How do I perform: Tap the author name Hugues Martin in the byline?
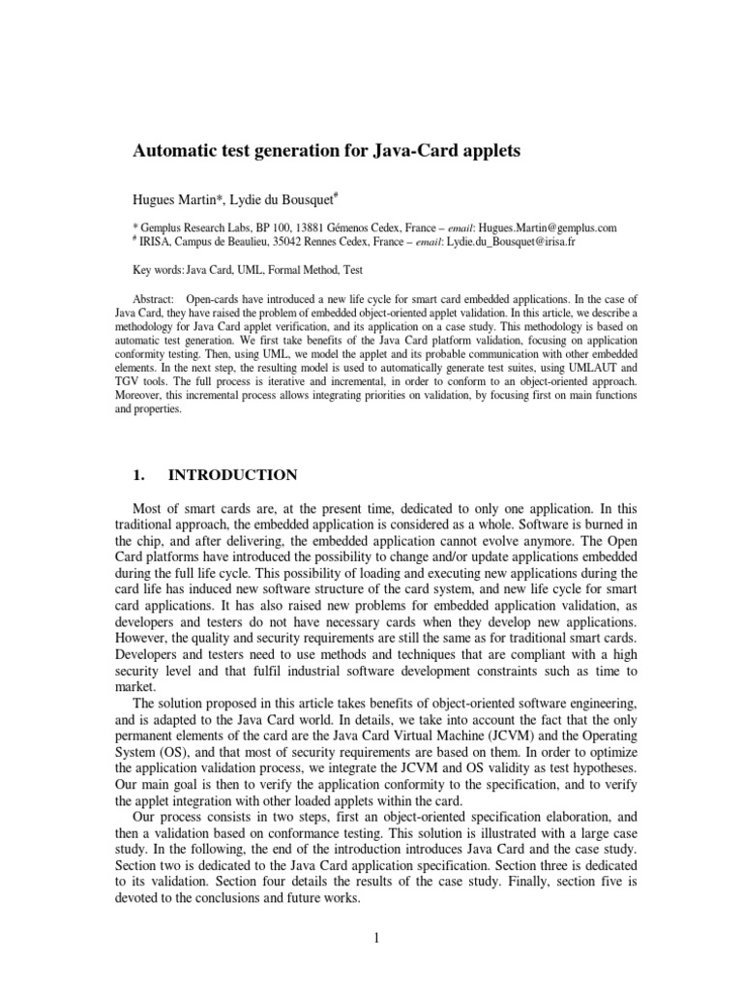pos(174,199)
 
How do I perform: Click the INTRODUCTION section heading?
pos(234,474)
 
